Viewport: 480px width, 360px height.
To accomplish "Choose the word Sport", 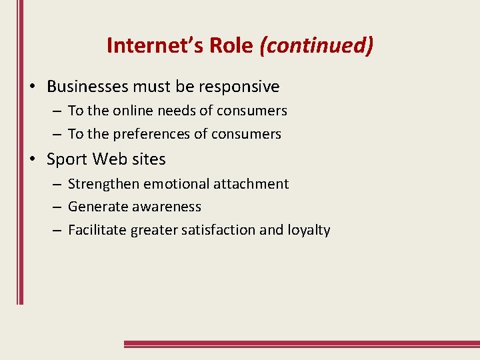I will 67,159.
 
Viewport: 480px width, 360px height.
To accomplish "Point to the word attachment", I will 257,184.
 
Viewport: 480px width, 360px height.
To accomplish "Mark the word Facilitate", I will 96,230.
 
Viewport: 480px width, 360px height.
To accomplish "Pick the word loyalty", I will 309,231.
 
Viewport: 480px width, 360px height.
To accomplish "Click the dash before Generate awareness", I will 57,207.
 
